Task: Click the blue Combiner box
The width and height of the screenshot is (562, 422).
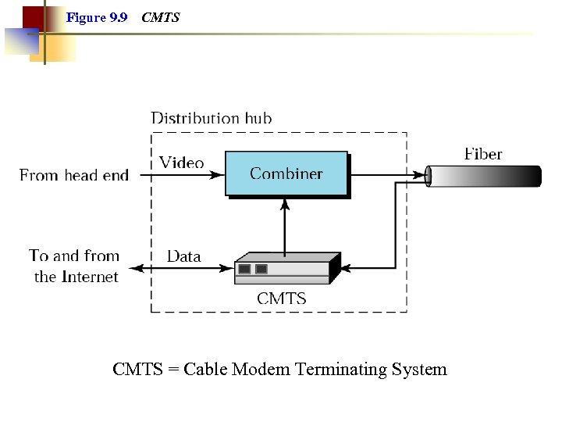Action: click(286, 173)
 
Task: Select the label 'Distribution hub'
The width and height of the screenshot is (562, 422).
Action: click(211, 119)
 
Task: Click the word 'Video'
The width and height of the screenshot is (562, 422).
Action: click(181, 163)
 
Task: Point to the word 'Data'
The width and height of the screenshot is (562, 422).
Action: click(183, 256)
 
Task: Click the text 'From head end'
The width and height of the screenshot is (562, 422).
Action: click(74, 175)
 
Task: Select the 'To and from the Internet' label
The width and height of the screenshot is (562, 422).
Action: click(74, 266)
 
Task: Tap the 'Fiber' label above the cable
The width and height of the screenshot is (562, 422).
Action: click(483, 154)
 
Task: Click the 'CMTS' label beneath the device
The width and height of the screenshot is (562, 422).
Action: click(282, 298)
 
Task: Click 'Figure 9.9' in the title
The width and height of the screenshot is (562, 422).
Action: click(97, 17)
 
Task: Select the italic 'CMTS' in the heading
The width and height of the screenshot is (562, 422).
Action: click(161, 17)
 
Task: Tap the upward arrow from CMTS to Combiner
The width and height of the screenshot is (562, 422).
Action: click(285, 227)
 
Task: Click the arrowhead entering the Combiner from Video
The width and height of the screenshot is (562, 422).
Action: click(219, 175)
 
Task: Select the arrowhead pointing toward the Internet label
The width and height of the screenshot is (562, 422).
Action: click(134, 268)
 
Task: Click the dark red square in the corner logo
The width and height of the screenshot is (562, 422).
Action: click(33, 16)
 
